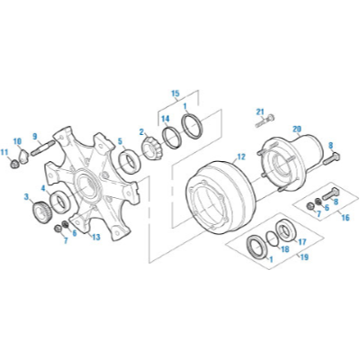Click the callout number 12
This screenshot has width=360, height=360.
coord(241,157)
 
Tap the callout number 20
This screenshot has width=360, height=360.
coord(296,130)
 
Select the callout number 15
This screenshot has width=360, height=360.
coord(175,94)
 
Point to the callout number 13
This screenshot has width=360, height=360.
coord(96,238)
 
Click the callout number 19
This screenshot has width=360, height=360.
coord(304,257)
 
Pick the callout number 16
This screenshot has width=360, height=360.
coord(346,217)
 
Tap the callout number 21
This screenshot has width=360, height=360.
coord(260,112)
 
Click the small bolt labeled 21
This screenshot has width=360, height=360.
coord(265,121)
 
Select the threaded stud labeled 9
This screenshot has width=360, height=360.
coord(42,148)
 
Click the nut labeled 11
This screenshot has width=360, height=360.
coord(13,164)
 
